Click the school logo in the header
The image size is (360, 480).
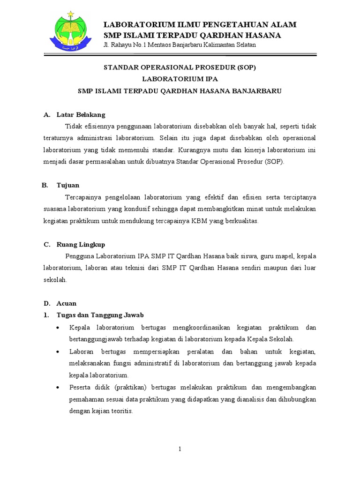pyautogui.click(x=72, y=30)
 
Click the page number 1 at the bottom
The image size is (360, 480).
pyautogui.click(x=180, y=449)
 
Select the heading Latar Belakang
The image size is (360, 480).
pyautogui.click(x=81, y=114)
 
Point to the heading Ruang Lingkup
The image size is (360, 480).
pyautogui.click(x=81, y=244)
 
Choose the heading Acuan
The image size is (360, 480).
pyautogui.click(x=66, y=303)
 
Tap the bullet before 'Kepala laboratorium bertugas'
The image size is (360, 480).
pyautogui.click(x=58, y=327)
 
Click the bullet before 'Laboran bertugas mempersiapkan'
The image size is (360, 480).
pyautogui.click(x=58, y=352)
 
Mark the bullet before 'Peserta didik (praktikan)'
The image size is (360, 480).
pyautogui.click(x=58, y=388)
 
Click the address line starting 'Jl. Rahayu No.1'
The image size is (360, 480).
pyautogui.click(x=180, y=45)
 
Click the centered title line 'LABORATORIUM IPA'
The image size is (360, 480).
pyautogui.click(x=180, y=79)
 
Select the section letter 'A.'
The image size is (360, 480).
pyautogui.click(x=46, y=114)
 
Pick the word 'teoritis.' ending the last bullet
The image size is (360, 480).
pyautogui.click(x=121, y=412)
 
